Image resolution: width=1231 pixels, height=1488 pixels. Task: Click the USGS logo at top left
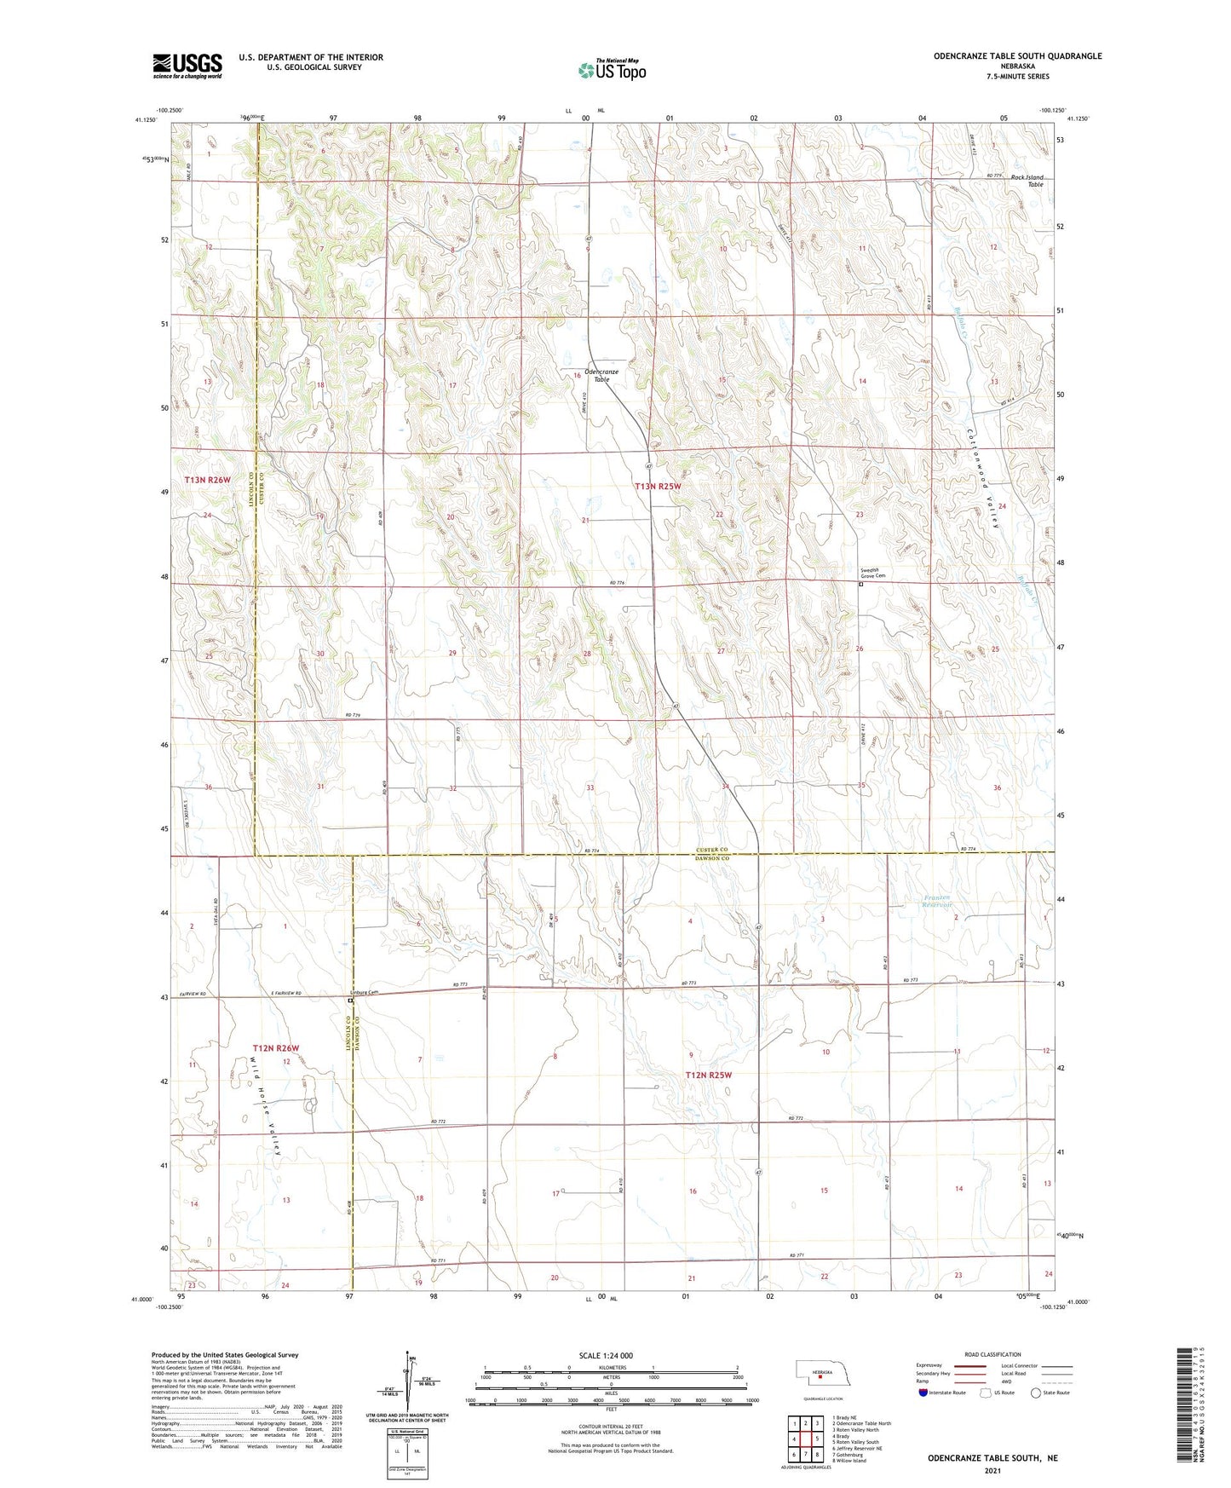[187, 66]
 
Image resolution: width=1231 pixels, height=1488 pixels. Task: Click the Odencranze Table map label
[601, 375]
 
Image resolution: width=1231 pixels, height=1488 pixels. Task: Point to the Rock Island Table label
[1028, 181]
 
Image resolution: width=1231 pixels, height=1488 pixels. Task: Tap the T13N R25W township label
[658, 487]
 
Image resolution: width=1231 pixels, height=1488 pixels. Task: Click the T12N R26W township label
[276, 1047]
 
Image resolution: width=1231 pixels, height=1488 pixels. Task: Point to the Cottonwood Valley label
[982, 478]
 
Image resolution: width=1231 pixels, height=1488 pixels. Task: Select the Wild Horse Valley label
[266, 1105]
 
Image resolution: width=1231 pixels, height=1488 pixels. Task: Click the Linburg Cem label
[364, 993]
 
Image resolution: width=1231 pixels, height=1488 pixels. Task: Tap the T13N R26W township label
[208, 481]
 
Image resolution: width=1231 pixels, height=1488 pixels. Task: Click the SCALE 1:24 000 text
[606, 1355]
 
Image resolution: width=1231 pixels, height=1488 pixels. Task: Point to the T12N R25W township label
[709, 1076]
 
